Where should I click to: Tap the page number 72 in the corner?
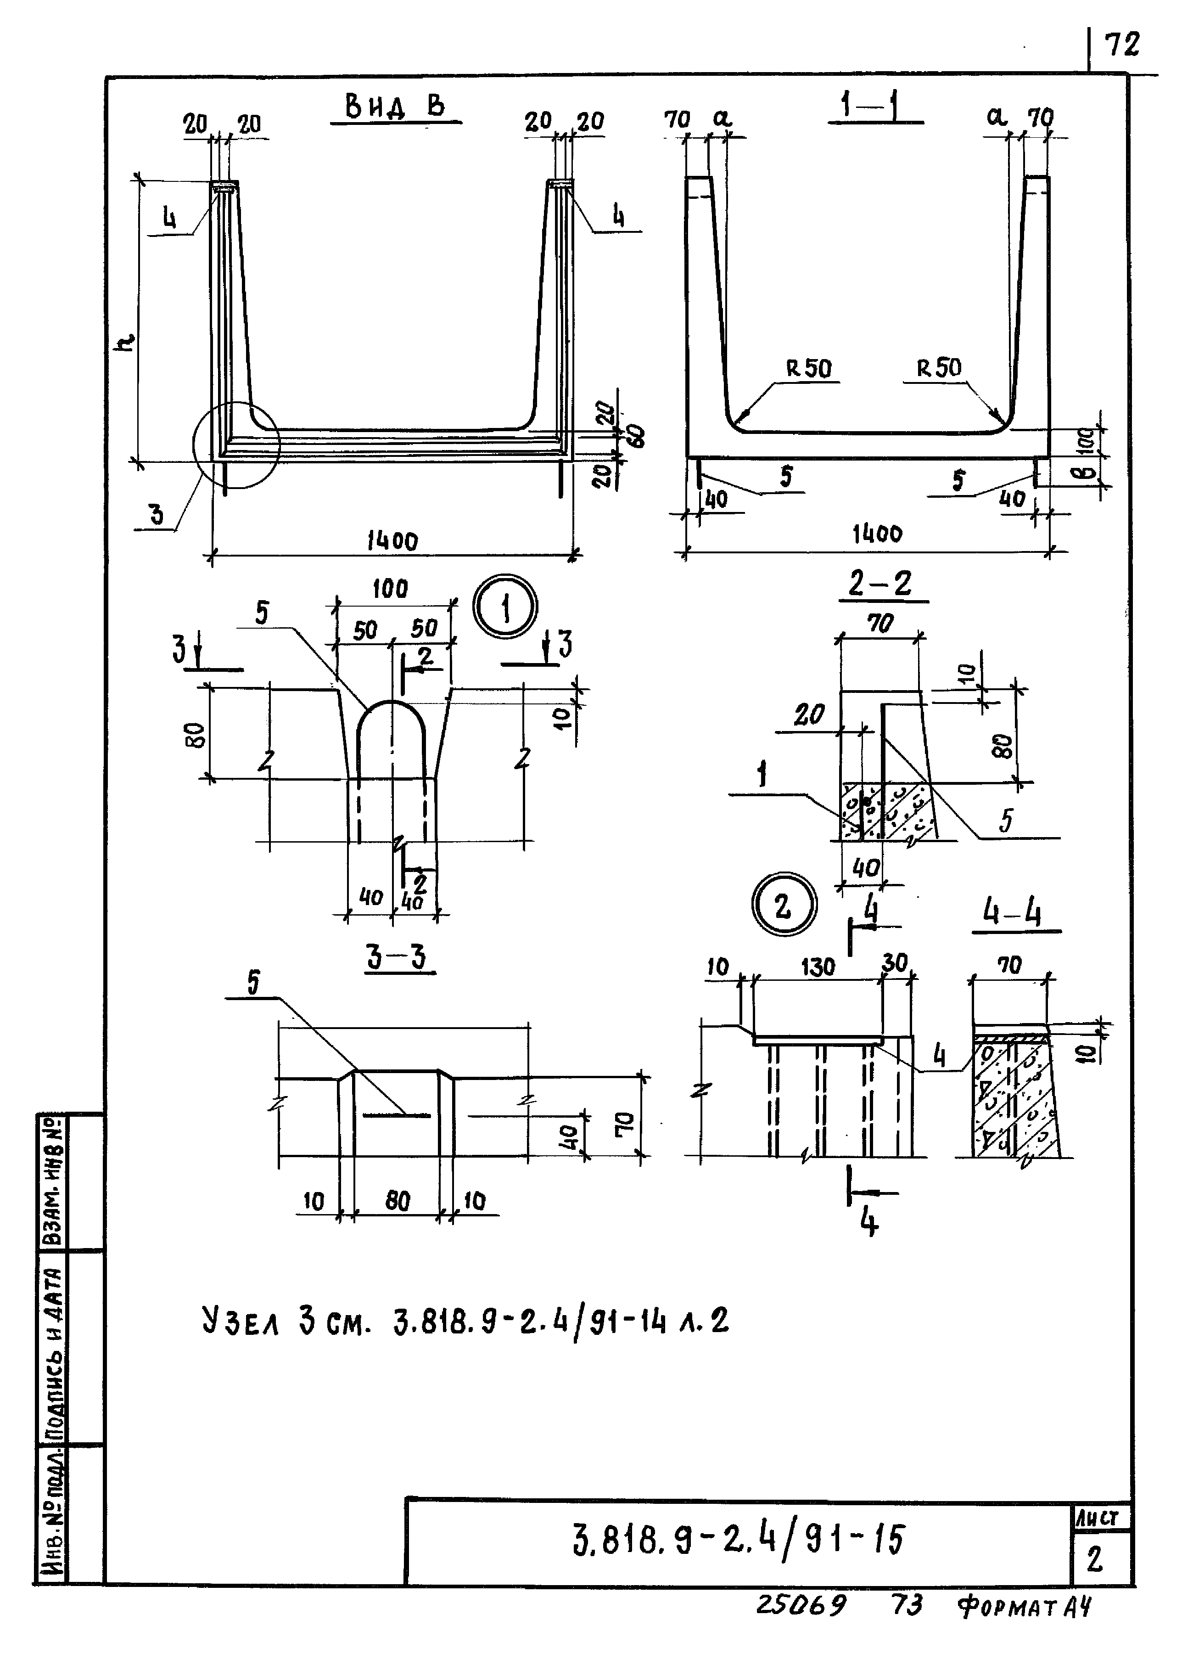coord(1121,45)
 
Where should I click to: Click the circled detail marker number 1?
coord(505,607)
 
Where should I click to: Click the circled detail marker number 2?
coord(783,906)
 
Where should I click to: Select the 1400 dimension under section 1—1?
coord(877,534)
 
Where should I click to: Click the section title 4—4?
coord(1012,912)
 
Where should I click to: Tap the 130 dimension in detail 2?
coord(818,967)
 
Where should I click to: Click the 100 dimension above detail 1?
coord(390,588)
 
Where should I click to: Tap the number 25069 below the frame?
coord(801,1604)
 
